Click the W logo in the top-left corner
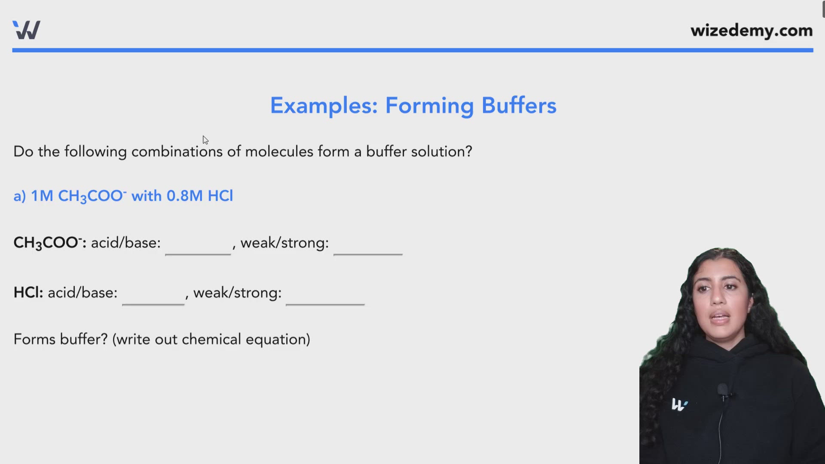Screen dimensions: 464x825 click(26, 30)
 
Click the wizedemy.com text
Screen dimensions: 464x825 click(752, 31)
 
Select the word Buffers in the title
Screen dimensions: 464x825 click(519, 105)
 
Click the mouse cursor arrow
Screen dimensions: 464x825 click(205, 140)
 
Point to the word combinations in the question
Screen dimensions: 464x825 click(177, 152)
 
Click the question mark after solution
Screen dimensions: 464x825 click(469, 152)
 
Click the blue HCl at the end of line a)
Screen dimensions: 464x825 click(220, 196)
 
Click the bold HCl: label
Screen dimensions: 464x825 click(28, 293)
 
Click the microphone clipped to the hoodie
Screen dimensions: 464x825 click(723, 391)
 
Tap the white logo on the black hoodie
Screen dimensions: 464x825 click(679, 405)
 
